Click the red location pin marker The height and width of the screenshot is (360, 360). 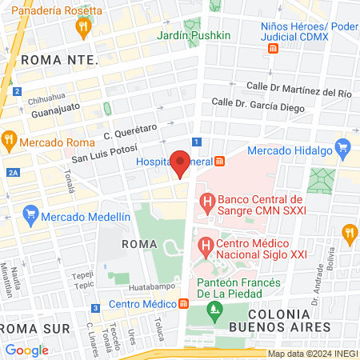pos(181,162)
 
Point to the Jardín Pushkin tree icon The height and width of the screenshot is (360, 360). pos(191,26)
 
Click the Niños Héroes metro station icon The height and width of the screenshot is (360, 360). pos(273,48)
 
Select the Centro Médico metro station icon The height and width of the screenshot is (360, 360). pos(183,303)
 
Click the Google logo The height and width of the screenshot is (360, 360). pos(26,350)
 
